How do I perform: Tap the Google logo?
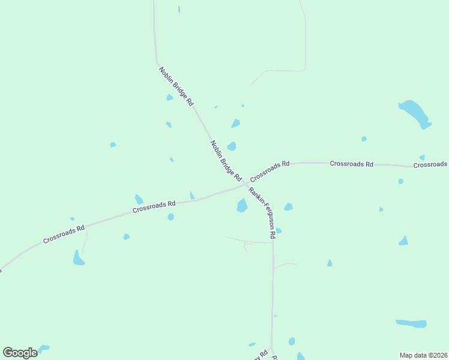tap(20, 353)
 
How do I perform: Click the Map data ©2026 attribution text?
tap(423, 355)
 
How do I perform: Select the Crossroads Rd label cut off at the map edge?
tap(430, 164)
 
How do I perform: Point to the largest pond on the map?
tap(414, 112)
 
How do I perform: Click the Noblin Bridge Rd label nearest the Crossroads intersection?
tap(226, 161)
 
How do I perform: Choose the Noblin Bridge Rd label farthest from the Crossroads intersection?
tap(176, 86)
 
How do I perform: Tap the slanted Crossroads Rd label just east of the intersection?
tap(270, 171)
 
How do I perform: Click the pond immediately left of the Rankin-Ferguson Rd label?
tap(242, 206)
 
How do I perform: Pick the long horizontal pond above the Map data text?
tap(412, 323)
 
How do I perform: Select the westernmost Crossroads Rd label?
tap(64, 234)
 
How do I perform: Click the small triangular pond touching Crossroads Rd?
tap(192, 195)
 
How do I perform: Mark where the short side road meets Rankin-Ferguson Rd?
tap(273, 242)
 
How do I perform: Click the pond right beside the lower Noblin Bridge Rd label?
tap(232, 146)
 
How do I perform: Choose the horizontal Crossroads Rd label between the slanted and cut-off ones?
tap(352, 163)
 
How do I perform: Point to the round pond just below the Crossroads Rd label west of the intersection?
tap(170, 217)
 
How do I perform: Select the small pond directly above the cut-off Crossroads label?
tap(422, 157)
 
